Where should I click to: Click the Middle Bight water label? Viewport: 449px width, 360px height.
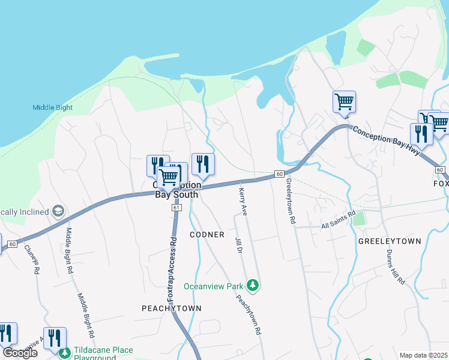[52, 108]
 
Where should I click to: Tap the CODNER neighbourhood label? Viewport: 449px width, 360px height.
[207, 234]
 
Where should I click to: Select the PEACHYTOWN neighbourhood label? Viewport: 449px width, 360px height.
[171, 308]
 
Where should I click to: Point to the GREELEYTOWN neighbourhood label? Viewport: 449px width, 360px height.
[389, 241]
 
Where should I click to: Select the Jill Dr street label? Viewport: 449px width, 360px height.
[238, 247]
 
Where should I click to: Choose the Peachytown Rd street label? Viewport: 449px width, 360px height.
[248, 313]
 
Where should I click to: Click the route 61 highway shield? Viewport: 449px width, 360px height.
[176, 207]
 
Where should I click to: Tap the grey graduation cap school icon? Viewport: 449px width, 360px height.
[58, 211]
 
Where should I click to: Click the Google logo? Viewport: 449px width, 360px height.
[20, 353]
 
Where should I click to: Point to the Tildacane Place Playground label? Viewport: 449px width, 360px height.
[103, 353]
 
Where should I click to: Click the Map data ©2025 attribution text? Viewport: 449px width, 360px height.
[423, 355]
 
